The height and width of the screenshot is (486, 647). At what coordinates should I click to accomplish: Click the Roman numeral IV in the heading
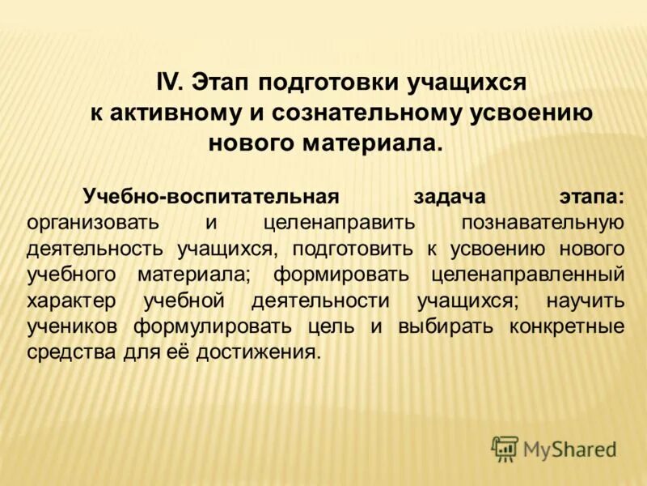point(170,83)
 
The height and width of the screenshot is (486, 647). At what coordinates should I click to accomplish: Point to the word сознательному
point(366,113)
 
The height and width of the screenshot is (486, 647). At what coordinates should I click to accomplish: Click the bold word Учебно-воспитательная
point(209,197)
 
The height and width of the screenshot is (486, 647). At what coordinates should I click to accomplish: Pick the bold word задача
point(450,197)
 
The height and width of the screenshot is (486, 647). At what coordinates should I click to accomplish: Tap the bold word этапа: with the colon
point(591,197)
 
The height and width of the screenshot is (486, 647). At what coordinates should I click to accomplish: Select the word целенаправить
point(339,222)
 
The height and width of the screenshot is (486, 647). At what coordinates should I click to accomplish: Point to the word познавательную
point(543,222)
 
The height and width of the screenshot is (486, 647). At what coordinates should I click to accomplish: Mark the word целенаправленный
point(528,274)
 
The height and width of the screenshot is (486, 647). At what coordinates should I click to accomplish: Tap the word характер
point(70,301)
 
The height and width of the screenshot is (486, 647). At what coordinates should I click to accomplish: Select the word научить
point(585,301)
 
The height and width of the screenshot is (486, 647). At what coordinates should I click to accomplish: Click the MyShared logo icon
point(505,448)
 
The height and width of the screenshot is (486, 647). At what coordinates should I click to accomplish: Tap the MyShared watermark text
point(569,449)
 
